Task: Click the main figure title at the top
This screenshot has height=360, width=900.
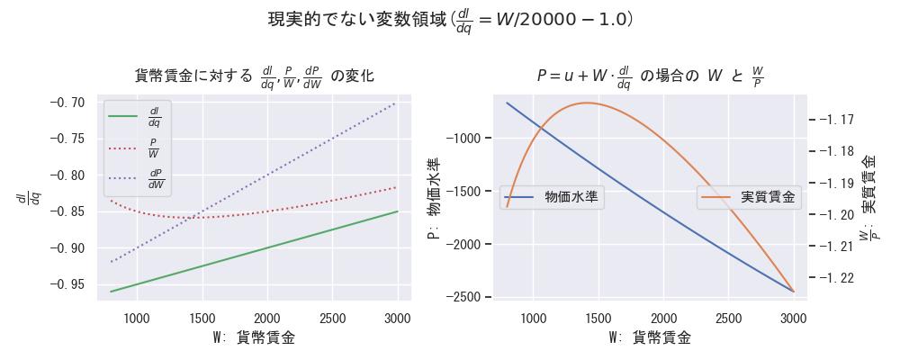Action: [x=450, y=20]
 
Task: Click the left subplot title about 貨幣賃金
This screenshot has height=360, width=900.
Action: [x=254, y=76]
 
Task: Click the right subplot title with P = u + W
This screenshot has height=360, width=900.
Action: [x=650, y=76]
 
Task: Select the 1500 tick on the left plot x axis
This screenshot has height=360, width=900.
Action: [x=202, y=318]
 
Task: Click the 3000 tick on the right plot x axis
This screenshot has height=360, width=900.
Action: [x=793, y=318]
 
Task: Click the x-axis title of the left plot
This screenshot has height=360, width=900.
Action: [x=254, y=338]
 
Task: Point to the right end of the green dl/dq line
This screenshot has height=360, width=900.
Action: [x=397, y=211]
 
